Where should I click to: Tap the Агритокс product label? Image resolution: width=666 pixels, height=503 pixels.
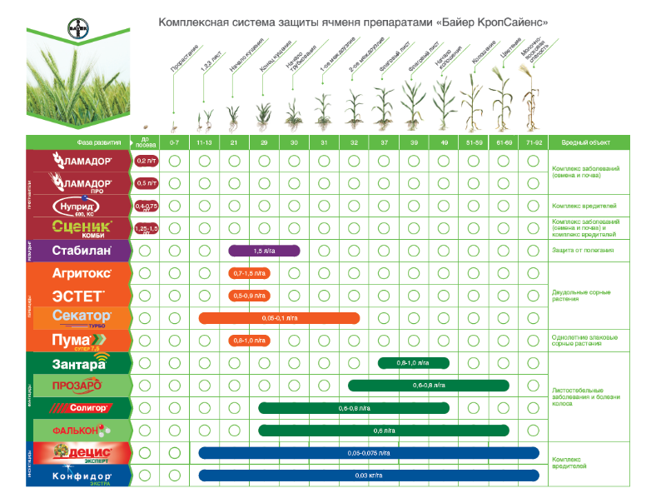click(x=79, y=273)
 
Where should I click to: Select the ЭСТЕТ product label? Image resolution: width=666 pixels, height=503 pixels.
click(x=79, y=296)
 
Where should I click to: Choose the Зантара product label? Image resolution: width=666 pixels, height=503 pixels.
click(x=80, y=363)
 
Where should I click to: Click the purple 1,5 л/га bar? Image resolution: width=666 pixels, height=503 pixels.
click(x=264, y=251)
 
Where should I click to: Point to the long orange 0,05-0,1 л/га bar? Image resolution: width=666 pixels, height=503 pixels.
click(x=279, y=318)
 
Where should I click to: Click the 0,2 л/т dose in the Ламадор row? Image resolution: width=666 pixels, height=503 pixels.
click(x=146, y=161)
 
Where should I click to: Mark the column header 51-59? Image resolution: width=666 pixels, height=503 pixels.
click(x=474, y=142)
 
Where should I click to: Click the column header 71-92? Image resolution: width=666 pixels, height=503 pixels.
click(x=533, y=142)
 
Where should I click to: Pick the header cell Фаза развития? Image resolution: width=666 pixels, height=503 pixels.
click(x=82, y=142)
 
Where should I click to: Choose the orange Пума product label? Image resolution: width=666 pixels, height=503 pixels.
click(x=80, y=341)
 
